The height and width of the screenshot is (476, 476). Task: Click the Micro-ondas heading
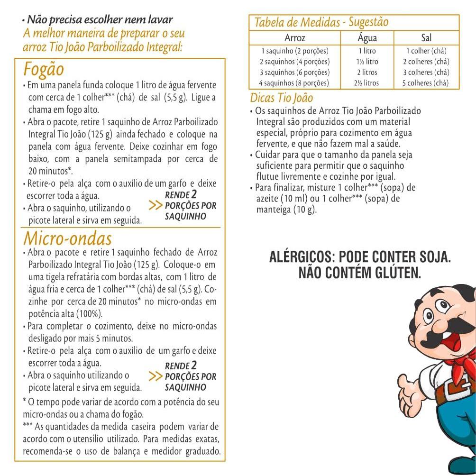click(x=68, y=238)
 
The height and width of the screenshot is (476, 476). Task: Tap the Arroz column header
click(x=294, y=38)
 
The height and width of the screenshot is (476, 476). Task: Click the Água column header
click(x=367, y=38)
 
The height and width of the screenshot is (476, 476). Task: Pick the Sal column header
click(x=426, y=38)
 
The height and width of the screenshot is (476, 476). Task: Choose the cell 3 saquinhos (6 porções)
click(x=294, y=72)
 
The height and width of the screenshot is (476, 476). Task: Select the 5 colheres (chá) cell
click(x=426, y=83)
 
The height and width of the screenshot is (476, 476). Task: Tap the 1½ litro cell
click(x=367, y=62)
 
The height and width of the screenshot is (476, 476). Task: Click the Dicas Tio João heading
click(x=282, y=98)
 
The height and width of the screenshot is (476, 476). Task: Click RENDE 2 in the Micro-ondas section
click(x=181, y=366)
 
